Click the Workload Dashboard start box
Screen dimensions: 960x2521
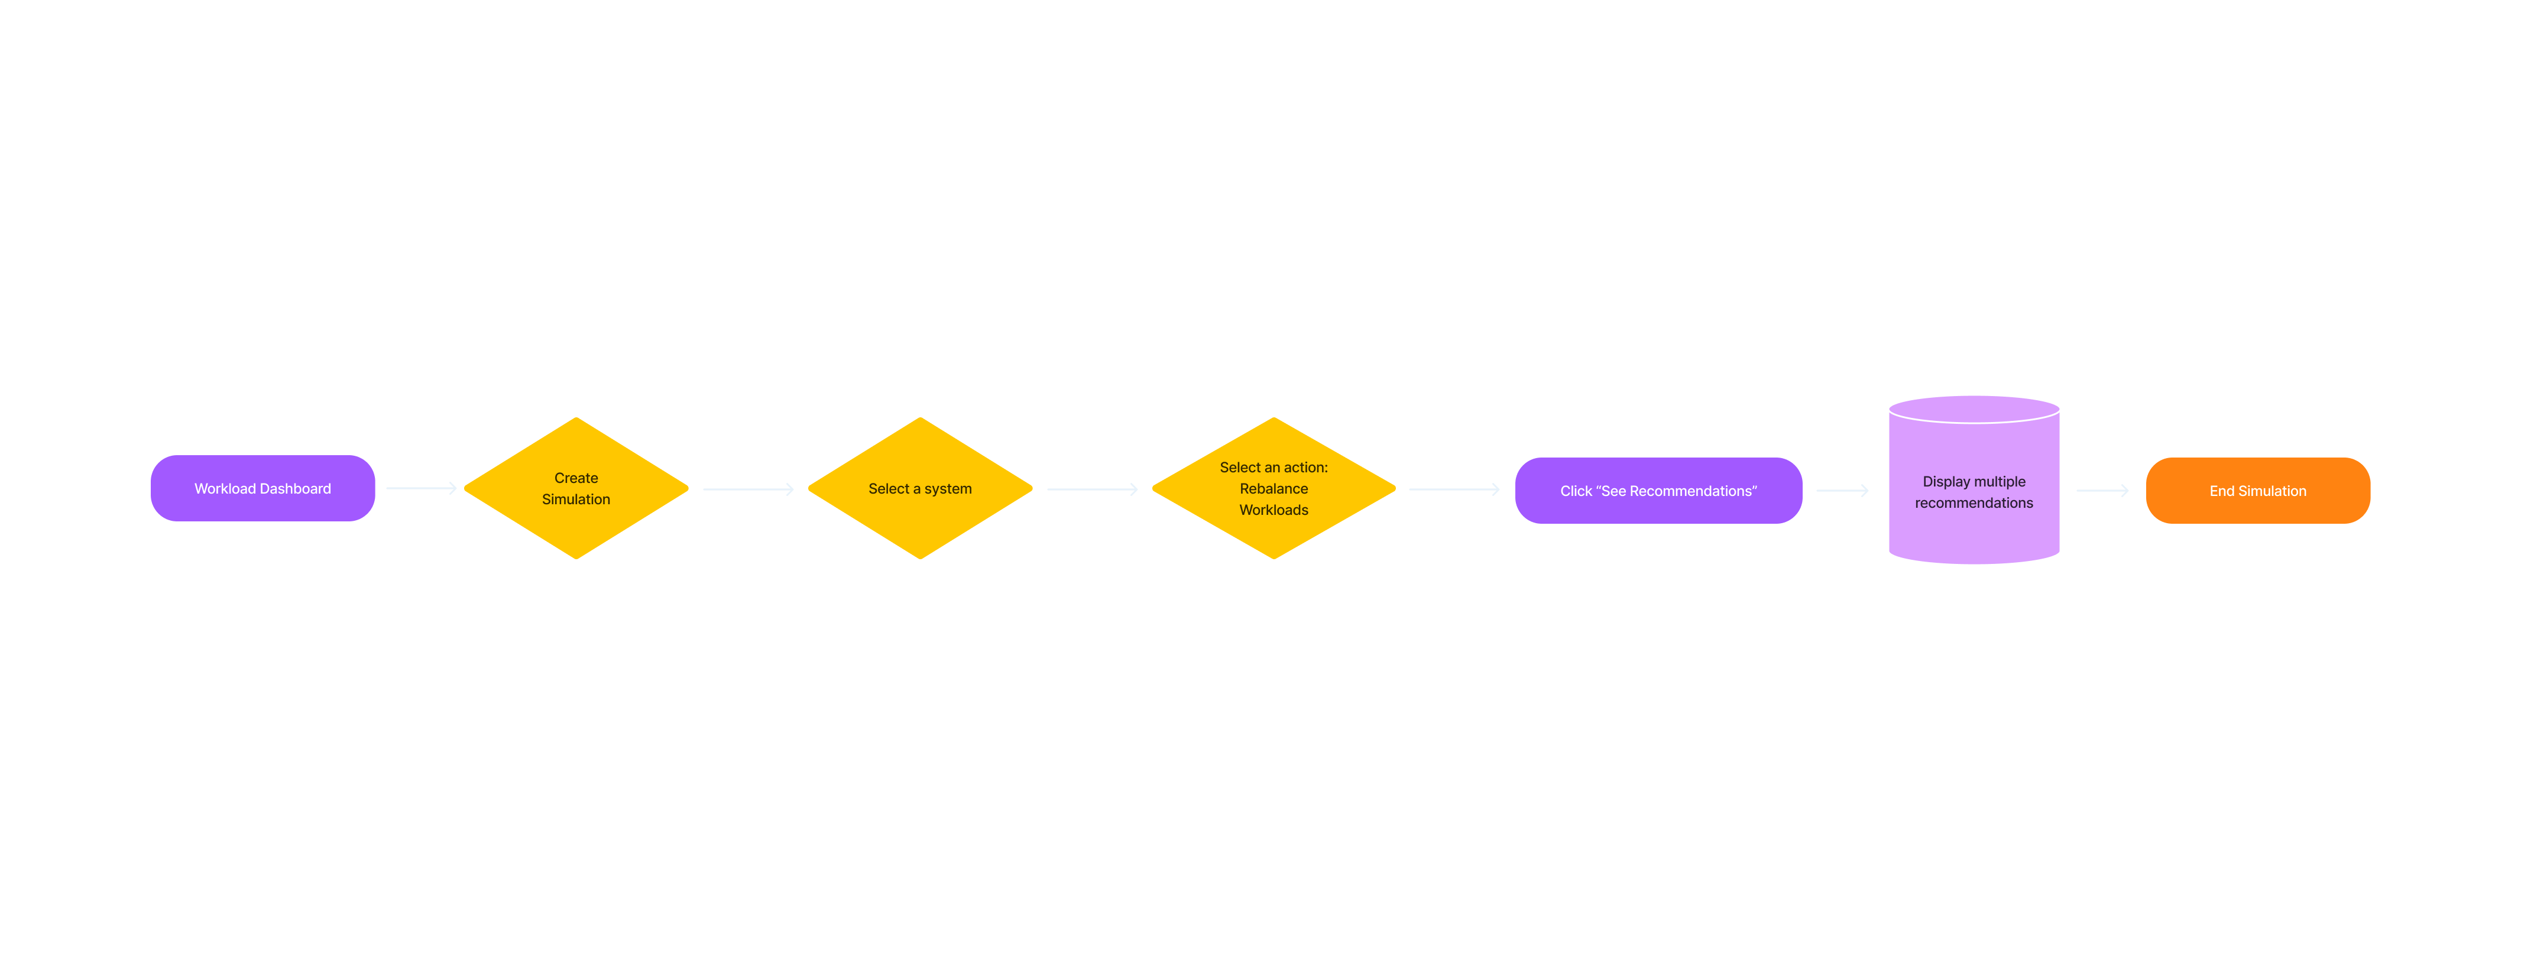pyautogui.click(x=263, y=488)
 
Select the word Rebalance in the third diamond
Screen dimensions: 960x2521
pyautogui.click(x=1274, y=488)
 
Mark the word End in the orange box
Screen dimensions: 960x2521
pyautogui.click(x=2221, y=490)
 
